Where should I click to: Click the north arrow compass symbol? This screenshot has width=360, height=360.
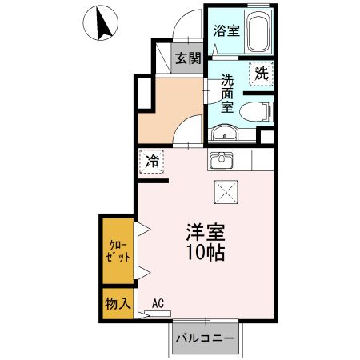click(x=101, y=23)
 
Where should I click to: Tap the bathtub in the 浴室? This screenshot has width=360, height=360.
click(x=258, y=31)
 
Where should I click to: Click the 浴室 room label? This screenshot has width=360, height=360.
click(x=226, y=30)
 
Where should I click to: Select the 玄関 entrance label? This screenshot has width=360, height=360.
click(x=188, y=58)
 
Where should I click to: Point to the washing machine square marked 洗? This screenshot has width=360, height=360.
click(x=262, y=74)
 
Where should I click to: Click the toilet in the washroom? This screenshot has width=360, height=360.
click(x=257, y=112)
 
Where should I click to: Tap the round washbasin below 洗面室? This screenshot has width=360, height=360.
click(x=225, y=132)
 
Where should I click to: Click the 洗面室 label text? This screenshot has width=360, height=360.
click(x=227, y=94)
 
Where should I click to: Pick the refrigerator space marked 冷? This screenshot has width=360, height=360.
click(x=151, y=162)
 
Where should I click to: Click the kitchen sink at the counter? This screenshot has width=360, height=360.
click(x=221, y=160)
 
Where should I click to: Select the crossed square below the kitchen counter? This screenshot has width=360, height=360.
click(x=226, y=192)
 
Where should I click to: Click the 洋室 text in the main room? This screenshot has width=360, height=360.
click(x=206, y=232)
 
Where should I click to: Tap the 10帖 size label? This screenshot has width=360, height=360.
click(x=206, y=252)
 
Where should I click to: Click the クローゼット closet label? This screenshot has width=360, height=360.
click(x=118, y=251)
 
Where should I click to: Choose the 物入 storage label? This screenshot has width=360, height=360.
click(x=118, y=303)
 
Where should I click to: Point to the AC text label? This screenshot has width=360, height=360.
click(x=158, y=303)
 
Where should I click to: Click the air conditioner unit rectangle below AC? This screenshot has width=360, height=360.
click(x=158, y=314)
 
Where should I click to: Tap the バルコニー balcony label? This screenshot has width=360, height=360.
click(x=206, y=338)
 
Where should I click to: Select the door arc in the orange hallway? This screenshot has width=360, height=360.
click(x=182, y=125)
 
